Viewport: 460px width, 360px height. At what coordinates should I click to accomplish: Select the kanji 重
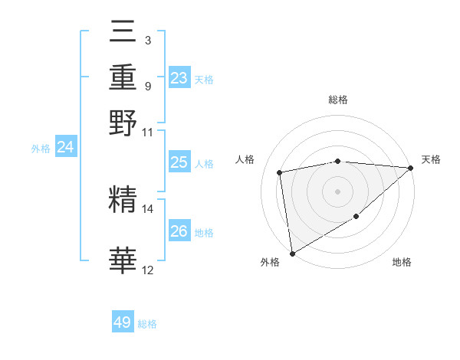[x=123, y=77]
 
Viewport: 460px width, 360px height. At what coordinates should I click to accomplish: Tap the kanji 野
[x=123, y=123]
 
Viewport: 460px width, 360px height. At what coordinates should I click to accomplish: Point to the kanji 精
[x=123, y=201]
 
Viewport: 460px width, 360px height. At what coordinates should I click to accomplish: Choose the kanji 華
[x=123, y=261]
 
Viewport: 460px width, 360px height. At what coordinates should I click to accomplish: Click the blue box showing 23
[x=179, y=78]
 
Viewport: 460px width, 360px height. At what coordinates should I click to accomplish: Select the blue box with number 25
[x=179, y=162]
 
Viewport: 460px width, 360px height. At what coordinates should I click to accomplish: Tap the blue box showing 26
[x=179, y=231]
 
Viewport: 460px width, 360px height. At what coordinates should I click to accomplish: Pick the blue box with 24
[x=65, y=148]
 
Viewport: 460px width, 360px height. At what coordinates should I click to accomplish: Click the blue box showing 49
[x=123, y=322]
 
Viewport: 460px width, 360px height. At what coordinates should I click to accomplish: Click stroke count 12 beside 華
[x=147, y=270]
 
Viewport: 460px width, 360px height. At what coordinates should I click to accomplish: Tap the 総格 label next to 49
[x=147, y=324]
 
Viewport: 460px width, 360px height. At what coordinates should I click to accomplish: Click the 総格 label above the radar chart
[x=338, y=100]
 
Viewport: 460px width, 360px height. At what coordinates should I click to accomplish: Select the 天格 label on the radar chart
[x=431, y=159]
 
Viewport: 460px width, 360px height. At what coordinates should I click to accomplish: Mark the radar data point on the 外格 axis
[x=293, y=253]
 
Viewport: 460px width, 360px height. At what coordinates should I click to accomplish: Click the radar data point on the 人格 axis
[x=280, y=172]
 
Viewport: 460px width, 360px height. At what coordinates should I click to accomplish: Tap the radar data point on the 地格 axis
[x=356, y=218]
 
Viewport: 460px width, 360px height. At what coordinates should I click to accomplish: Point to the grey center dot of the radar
[x=338, y=191]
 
